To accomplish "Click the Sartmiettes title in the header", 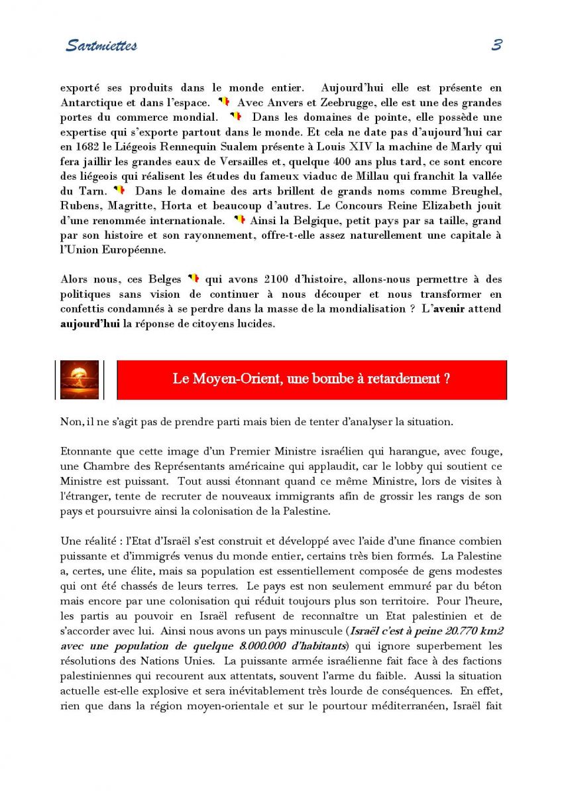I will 101,46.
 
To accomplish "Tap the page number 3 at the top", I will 496,45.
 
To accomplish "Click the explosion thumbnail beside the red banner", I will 80,379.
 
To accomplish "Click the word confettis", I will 83,308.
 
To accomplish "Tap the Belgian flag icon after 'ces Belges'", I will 193,279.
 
